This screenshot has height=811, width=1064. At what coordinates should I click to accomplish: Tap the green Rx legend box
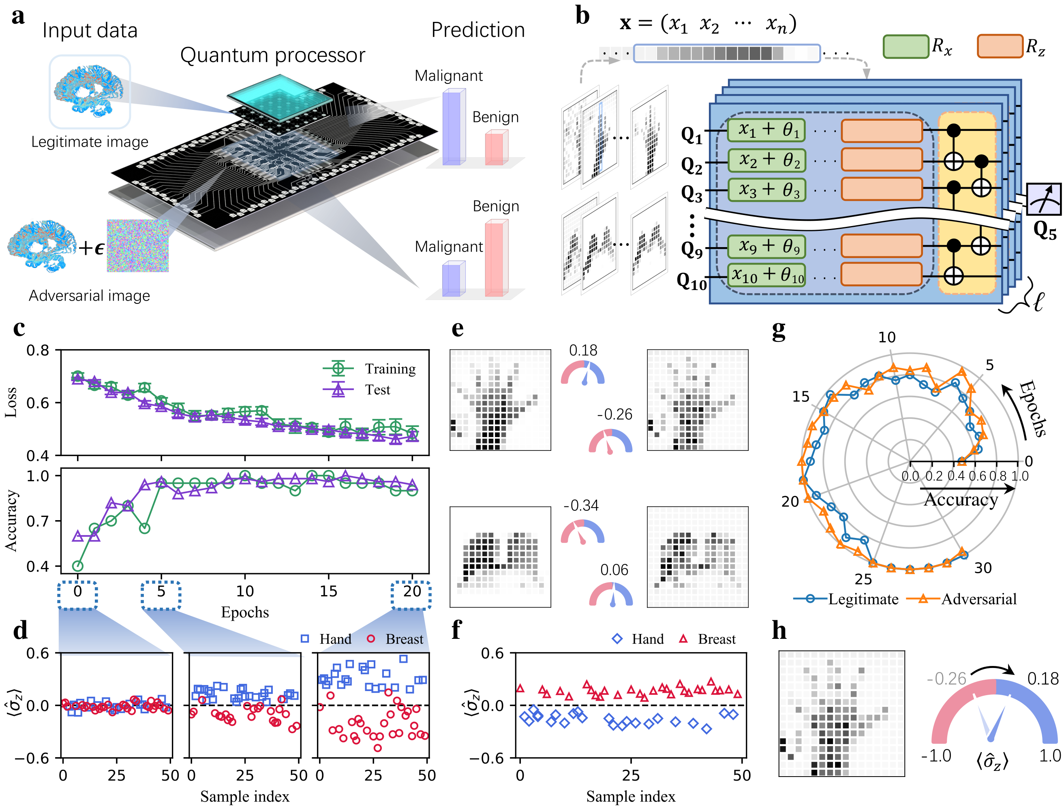coord(906,46)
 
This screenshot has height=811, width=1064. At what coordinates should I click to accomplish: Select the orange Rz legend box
coord(999,46)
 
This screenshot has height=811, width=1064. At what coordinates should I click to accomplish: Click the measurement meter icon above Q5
coord(1043,199)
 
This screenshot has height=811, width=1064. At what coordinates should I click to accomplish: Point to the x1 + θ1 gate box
coord(766,130)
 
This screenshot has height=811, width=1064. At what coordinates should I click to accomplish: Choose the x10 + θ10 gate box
coord(766,275)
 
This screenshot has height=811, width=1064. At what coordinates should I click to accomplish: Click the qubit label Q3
coord(691,194)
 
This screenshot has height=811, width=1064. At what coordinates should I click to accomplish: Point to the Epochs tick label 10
coord(245,591)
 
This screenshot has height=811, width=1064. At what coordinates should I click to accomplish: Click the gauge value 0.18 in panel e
coord(583,350)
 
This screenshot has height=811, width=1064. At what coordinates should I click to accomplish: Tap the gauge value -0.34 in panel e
coord(581,506)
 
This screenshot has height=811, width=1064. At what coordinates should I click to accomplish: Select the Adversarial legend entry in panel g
coord(978,599)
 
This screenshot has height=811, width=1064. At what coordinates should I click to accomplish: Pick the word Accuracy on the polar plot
coord(961,499)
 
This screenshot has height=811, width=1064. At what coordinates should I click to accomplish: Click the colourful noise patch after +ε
coord(138,246)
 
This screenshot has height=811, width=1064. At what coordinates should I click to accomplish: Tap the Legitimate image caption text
coord(90,142)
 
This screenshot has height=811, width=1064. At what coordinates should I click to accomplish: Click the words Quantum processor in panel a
coord(272,55)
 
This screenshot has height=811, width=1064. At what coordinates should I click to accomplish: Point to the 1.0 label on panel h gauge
coord(1049,756)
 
